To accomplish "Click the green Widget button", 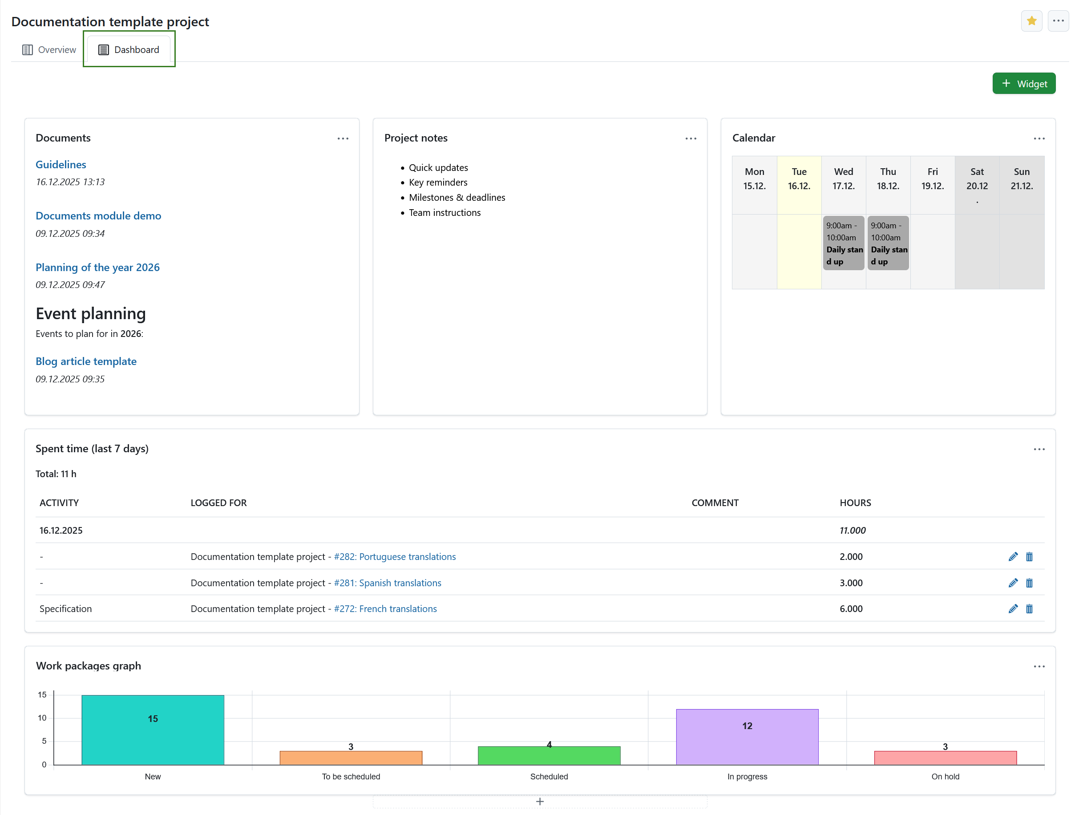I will (x=1023, y=83).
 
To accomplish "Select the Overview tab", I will (x=49, y=50).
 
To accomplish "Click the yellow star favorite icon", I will (x=1031, y=21).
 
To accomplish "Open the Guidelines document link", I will (x=61, y=164).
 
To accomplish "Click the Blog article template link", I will (x=86, y=361).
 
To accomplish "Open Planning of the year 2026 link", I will (x=97, y=268).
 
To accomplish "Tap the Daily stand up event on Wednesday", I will (x=843, y=243).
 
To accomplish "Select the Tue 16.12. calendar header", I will (x=799, y=178).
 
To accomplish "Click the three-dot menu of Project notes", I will (x=690, y=138).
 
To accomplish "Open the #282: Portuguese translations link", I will (x=395, y=556).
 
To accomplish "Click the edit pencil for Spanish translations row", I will (x=1013, y=583).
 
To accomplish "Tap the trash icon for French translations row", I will (x=1029, y=608).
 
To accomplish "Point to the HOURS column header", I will (x=855, y=503).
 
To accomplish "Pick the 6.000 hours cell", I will (x=851, y=608).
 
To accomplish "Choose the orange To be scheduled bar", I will (x=351, y=758).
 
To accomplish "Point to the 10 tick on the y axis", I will (x=42, y=718).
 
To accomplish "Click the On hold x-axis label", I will (x=945, y=776).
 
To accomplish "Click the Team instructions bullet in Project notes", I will (x=445, y=213).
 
